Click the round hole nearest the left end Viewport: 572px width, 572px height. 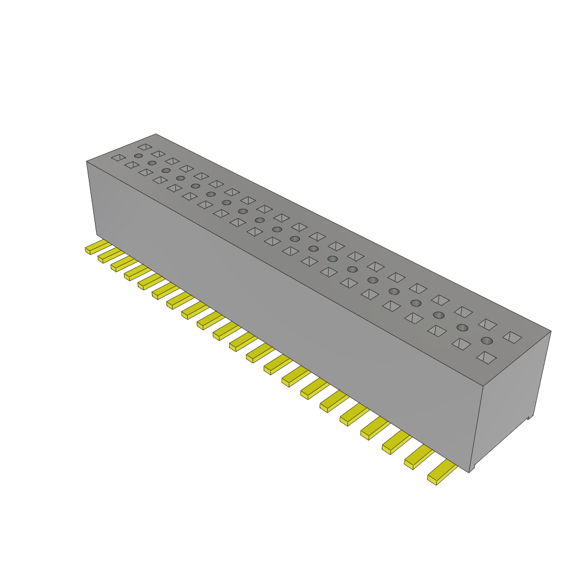(x=138, y=156)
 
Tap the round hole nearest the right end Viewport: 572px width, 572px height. (x=487, y=341)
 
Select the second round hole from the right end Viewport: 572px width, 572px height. (x=462, y=327)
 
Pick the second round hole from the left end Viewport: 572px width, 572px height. (x=152, y=163)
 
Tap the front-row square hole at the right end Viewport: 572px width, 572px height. (x=486, y=357)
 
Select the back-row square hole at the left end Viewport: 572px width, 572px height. (x=145, y=147)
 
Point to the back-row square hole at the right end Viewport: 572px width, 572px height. (x=512, y=337)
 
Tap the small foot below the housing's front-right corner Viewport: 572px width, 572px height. (x=472, y=468)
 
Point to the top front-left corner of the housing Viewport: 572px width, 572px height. (x=87, y=162)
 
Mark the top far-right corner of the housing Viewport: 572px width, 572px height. (x=550, y=331)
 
